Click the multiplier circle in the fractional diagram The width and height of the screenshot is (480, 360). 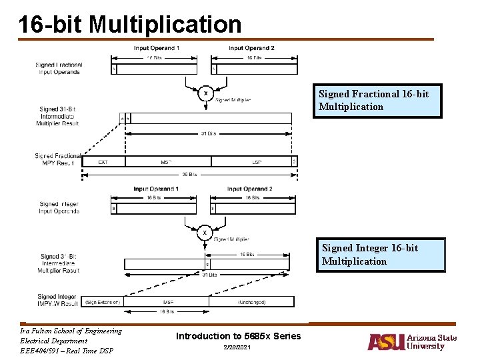205,93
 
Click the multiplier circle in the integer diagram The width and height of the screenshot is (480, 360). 205,232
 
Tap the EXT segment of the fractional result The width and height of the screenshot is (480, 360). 103,161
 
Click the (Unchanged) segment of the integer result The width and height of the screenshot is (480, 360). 252,301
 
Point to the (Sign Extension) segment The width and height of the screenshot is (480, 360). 103,301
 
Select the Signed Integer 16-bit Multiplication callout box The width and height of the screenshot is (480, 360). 381,255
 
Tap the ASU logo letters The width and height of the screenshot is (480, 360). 385,342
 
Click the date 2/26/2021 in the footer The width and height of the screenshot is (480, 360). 238,349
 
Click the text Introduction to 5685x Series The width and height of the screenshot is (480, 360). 238,336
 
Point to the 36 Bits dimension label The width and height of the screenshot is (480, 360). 189,175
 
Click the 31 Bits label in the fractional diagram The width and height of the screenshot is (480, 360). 208,133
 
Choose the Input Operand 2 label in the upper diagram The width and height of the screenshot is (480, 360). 251,48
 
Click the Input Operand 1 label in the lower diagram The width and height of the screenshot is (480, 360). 156,189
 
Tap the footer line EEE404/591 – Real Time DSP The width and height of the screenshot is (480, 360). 67,351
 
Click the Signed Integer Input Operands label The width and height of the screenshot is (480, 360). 59,207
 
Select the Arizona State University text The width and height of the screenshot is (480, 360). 431,342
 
